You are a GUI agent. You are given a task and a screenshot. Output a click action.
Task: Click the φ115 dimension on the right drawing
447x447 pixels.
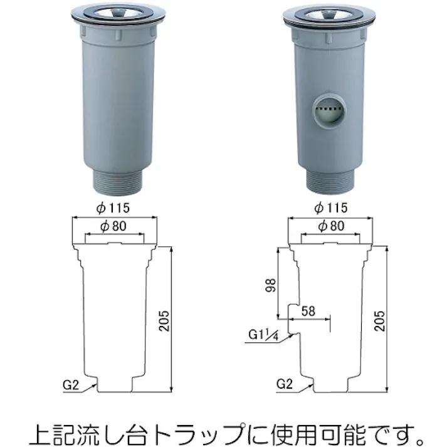(330, 209)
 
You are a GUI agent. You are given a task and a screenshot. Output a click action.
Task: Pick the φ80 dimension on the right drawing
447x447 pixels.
(330, 226)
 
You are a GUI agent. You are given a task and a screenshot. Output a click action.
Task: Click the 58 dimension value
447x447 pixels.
(308, 310)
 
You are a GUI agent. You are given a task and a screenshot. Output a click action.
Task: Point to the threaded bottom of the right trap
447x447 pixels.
(329, 181)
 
